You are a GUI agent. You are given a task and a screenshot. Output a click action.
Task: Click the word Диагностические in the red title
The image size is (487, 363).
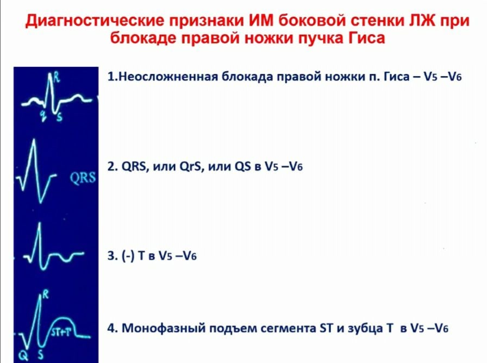(x=95, y=21)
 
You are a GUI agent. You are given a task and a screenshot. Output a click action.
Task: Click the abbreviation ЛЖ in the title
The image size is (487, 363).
(x=420, y=21)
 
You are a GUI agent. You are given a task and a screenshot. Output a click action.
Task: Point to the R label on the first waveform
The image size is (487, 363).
(x=56, y=77)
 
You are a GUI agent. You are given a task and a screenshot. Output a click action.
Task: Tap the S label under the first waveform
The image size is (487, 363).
(x=59, y=117)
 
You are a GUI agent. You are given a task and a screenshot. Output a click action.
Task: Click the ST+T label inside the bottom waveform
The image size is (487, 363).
(x=61, y=332)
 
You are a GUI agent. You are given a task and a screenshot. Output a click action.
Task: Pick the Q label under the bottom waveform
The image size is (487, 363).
(x=23, y=355)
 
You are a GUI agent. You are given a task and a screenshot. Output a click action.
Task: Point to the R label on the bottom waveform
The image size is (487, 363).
(x=46, y=294)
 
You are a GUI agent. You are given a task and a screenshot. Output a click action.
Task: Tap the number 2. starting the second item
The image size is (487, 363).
(x=113, y=166)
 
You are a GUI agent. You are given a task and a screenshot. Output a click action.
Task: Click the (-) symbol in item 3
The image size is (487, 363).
(x=128, y=256)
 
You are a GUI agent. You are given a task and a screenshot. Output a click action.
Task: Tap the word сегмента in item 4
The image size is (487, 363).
(x=289, y=328)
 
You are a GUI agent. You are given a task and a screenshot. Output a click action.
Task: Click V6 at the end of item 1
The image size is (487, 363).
(x=455, y=77)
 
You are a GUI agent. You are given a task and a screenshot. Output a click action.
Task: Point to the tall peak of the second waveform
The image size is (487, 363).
(x=34, y=140)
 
